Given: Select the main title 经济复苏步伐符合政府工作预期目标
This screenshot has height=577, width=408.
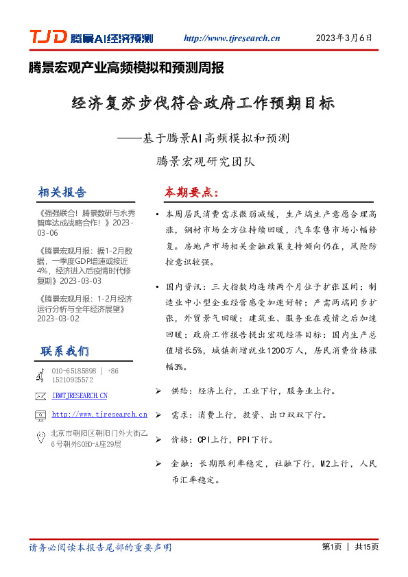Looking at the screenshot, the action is pyautogui.click(x=203, y=105).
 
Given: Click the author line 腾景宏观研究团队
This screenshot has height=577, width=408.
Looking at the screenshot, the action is pyautogui.click(x=204, y=162).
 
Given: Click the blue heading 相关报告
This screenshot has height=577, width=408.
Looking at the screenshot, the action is pyautogui.click(x=62, y=192).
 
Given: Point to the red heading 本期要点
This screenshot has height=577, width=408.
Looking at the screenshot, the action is pyautogui.click(x=191, y=192).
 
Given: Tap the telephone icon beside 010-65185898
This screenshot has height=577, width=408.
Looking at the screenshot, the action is pyautogui.click(x=40, y=375).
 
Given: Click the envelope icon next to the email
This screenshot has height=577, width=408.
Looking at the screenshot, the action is pyautogui.click(x=40, y=395).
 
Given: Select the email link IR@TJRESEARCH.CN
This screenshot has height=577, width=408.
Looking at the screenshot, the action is pyautogui.click(x=80, y=395).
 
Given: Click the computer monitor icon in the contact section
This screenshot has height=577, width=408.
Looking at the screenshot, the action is pyautogui.click(x=40, y=415).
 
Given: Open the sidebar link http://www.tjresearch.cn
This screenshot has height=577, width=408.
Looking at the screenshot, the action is pyautogui.click(x=99, y=415).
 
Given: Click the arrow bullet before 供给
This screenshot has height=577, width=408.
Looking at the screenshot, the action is pyautogui.click(x=158, y=391).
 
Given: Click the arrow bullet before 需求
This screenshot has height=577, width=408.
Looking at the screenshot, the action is pyautogui.click(x=158, y=415).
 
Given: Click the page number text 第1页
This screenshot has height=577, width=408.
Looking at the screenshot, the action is pyautogui.click(x=331, y=547).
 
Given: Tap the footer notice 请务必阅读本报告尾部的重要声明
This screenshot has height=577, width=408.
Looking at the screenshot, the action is pyautogui.click(x=100, y=548).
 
